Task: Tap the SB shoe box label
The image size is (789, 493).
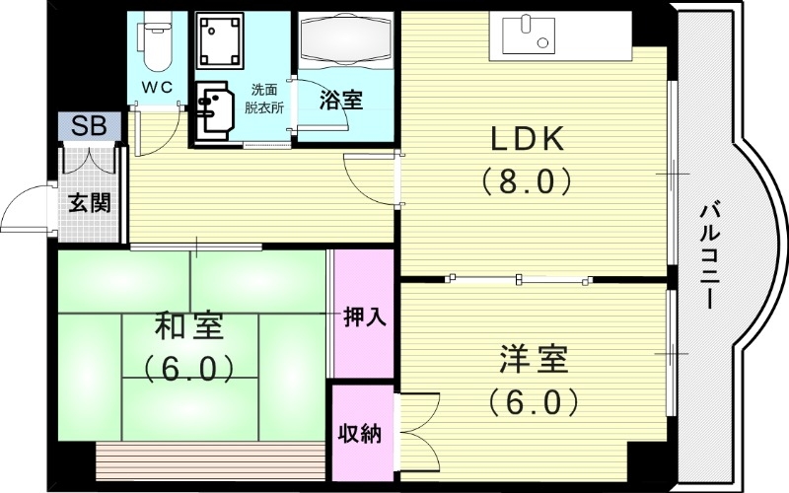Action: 88,126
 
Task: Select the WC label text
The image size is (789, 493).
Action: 156,87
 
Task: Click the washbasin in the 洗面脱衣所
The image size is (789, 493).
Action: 214,106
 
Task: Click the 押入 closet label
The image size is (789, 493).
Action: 364,317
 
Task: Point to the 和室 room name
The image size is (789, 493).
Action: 190,326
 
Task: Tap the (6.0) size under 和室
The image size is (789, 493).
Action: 190,369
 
